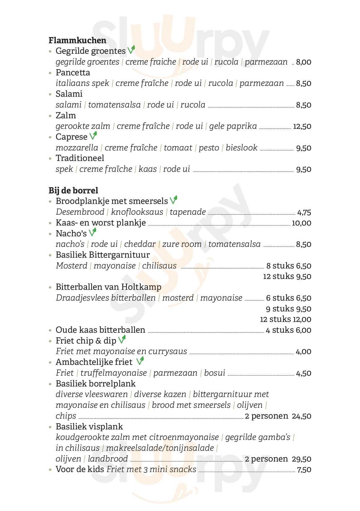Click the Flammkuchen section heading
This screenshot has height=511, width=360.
tap(77, 40)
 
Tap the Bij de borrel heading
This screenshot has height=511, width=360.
tap(73, 190)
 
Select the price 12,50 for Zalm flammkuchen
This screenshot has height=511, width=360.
tap(302, 126)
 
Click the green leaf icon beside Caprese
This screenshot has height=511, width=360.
tap(93, 136)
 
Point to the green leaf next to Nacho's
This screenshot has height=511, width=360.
tap(92, 232)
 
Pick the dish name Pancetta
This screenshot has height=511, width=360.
tap(73, 73)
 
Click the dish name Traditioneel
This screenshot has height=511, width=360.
tap(80, 158)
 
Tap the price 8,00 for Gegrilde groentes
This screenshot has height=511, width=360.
tap(303, 62)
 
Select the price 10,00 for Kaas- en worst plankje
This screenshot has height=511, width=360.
tap(301, 223)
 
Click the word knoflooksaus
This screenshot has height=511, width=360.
tap(137, 212)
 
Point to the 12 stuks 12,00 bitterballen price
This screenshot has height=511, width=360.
tap(286, 319)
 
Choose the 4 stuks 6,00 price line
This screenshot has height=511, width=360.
tap(288, 330)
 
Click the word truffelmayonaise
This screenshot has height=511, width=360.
tap(113, 373)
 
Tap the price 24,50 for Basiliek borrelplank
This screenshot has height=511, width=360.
tap(301, 416)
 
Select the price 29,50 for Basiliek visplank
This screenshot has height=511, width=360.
tap(301, 459)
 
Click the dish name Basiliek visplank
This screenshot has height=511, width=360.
tap(89, 427)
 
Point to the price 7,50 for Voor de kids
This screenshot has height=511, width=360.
tap(304, 470)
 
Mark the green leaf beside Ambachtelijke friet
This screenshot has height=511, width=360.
tap(140, 361)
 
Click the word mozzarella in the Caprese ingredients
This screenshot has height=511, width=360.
tap(77, 148)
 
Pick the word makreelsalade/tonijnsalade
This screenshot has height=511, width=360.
tap(160, 448)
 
